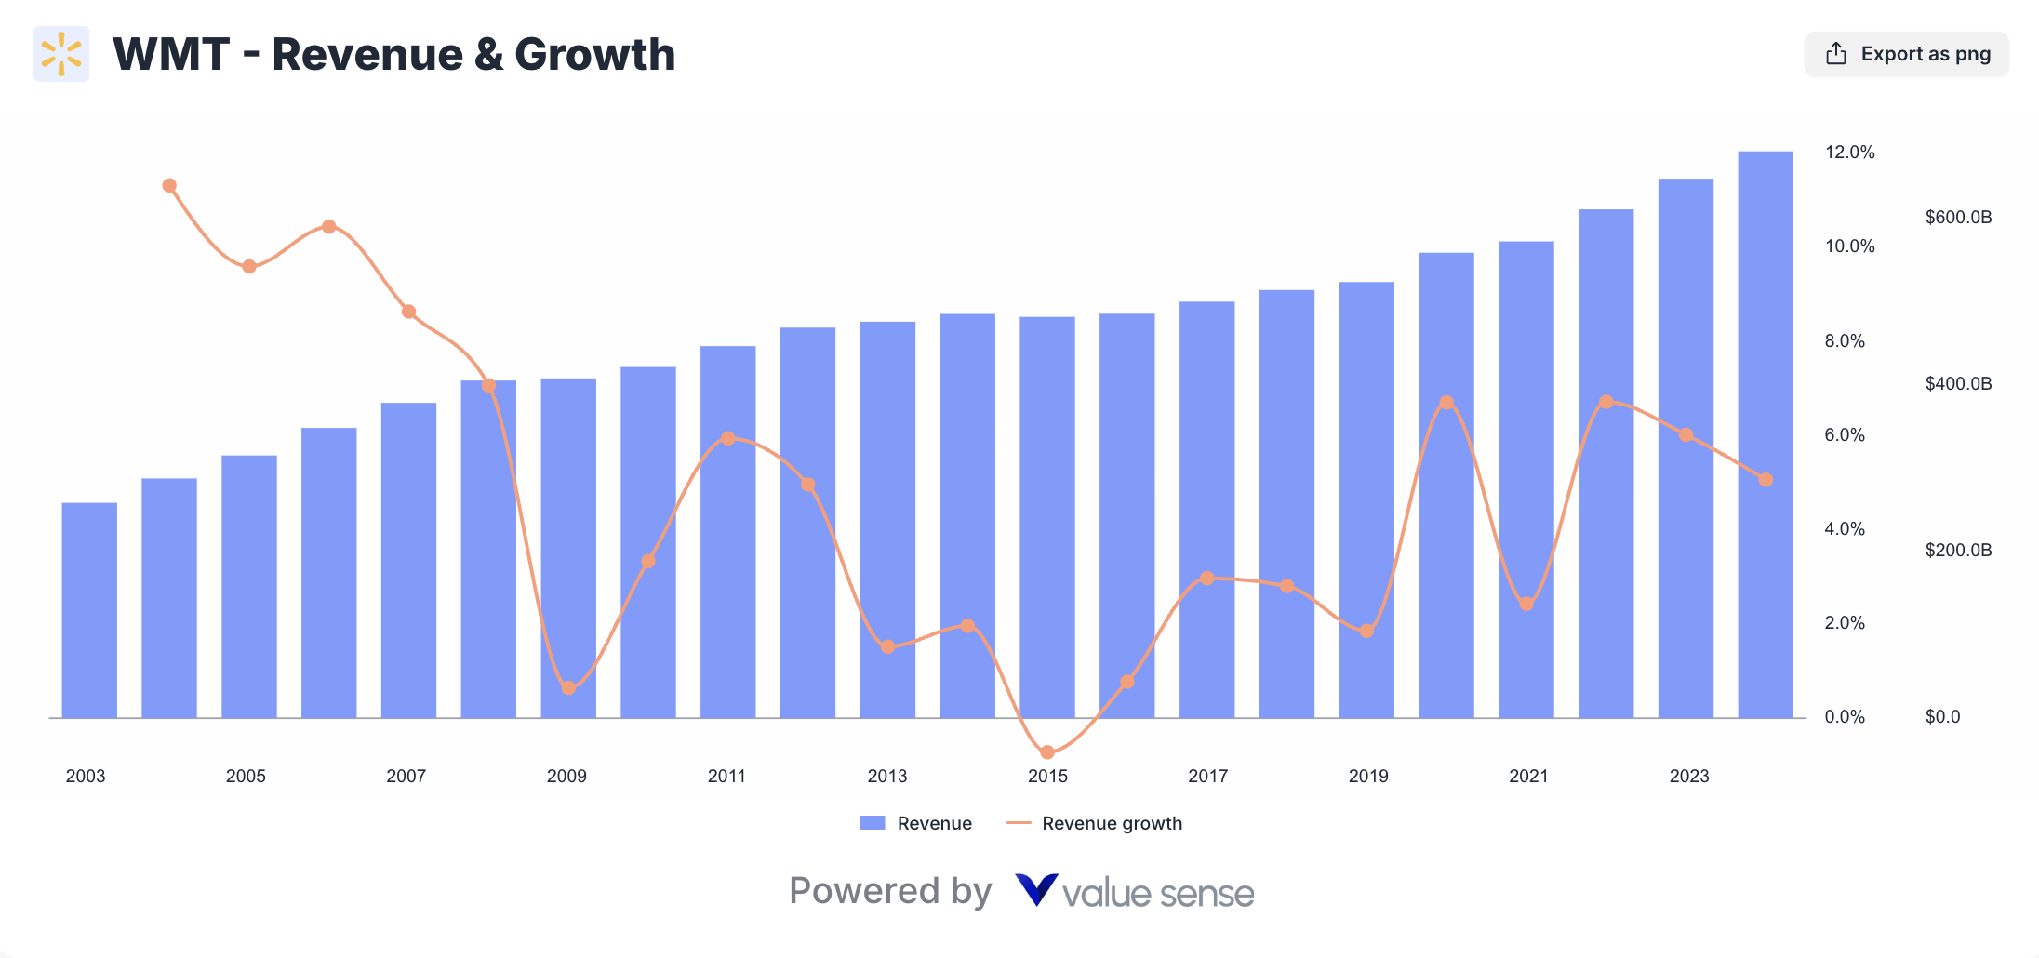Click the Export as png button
click(x=1907, y=54)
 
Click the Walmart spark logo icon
click(x=61, y=54)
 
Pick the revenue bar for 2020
click(x=1446, y=484)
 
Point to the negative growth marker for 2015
click(x=1047, y=752)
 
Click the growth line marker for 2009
click(x=568, y=688)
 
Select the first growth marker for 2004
click(x=169, y=186)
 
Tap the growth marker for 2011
click(x=728, y=438)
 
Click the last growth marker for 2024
click(x=1766, y=480)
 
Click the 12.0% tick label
click(x=1849, y=153)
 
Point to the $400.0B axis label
click(x=1958, y=383)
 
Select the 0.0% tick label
click(x=1845, y=716)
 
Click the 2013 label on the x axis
click(x=886, y=776)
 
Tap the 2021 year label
click(x=1527, y=776)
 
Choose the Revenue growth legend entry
click(x=1111, y=823)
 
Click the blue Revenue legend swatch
click(x=872, y=823)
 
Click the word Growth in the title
click(x=594, y=54)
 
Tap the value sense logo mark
click(x=1035, y=890)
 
